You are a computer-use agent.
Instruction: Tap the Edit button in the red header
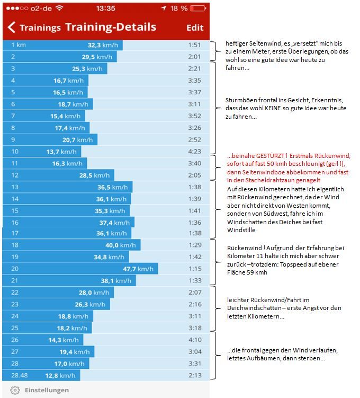coord(195,27)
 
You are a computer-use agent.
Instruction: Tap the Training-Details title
coord(111,27)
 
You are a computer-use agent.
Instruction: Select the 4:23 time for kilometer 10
coord(194,151)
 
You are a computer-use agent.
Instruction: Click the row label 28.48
coord(19,376)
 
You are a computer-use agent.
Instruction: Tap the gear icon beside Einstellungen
coord(15,390)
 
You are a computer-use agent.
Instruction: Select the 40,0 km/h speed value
coord(121,245)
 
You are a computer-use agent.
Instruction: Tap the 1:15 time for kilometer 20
coord(194,269)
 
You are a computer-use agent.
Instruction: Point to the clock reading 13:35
coord(106,8)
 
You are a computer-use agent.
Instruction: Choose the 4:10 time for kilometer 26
coord(194,340)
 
